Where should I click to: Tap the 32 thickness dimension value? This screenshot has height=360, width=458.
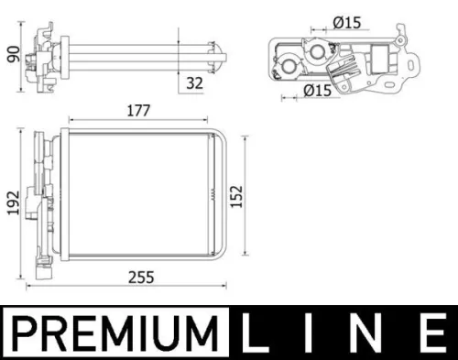(x=193, y=82)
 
